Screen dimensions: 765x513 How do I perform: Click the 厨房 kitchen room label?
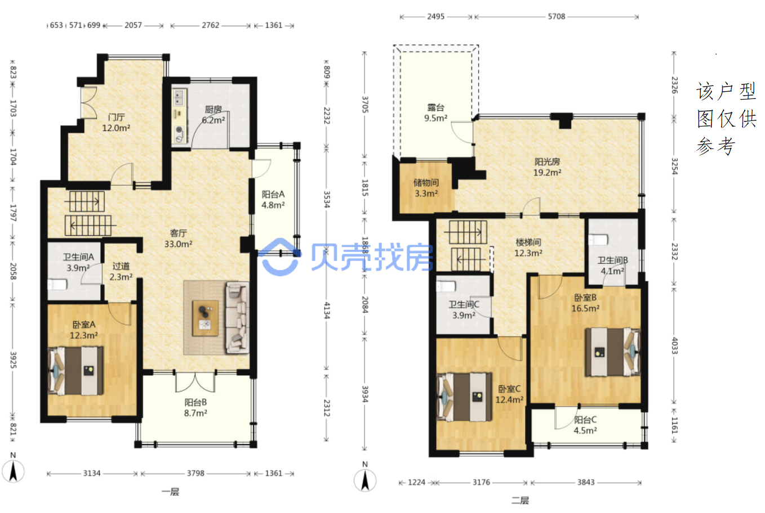point(214,110)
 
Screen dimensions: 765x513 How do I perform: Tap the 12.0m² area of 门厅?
point(116,128)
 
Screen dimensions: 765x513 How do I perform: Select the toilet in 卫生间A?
point(57,285)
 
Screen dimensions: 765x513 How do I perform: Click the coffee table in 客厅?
point(205,318)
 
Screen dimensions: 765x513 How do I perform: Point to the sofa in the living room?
point(237,318)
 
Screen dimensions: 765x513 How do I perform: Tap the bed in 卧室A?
point(75,371)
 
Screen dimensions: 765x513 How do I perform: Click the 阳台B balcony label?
point(195,403)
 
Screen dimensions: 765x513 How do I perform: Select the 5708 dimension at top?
point(557,16)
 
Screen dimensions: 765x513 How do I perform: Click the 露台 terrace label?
point(436,108)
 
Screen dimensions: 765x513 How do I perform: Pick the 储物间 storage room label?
point(426,183)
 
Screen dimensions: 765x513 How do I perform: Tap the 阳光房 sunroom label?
point(547,161)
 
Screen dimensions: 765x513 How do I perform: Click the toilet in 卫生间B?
point(598,240)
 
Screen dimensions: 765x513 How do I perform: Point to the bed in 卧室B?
point(613,352)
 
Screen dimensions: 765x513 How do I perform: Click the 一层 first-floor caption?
point(171,492)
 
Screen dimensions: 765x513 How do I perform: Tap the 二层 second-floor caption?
point(520,501)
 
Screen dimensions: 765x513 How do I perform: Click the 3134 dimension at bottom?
point(92,474)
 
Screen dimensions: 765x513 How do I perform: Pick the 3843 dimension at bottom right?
point(586,482)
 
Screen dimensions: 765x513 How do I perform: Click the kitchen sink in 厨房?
point(179,97)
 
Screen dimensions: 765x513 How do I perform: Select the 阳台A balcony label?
point(273,195)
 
